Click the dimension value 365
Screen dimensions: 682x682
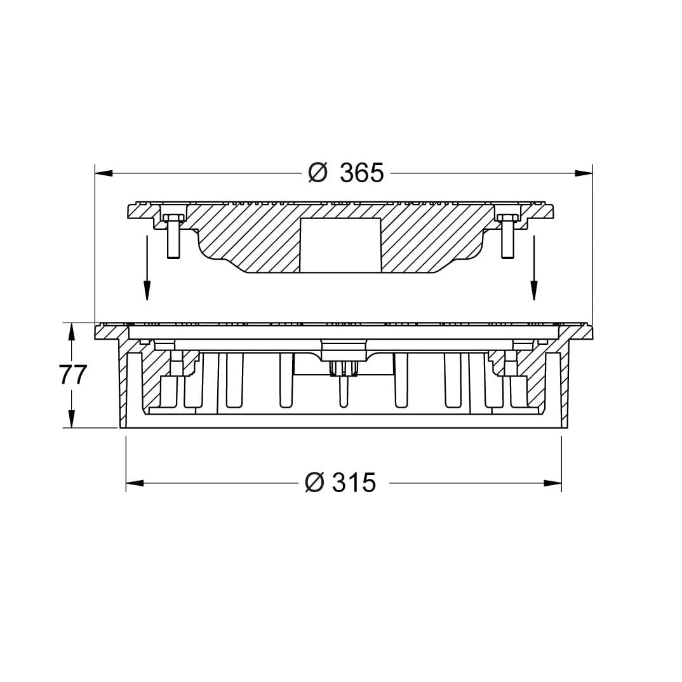(x=362, y=173)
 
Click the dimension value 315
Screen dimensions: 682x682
(x=354, y=483)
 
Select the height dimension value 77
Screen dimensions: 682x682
(x=74, y=375)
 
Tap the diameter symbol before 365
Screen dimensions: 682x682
(x=318, y=173)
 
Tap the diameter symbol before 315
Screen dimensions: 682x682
(x=315, y=483)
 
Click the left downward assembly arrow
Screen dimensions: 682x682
(x=147, y=268)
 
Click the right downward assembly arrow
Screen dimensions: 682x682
(x=533, y=268)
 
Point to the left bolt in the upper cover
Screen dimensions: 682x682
(x=173, y=236)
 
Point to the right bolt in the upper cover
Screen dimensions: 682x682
(x=507, y=236)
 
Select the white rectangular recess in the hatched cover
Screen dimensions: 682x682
(x=341, y=246)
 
